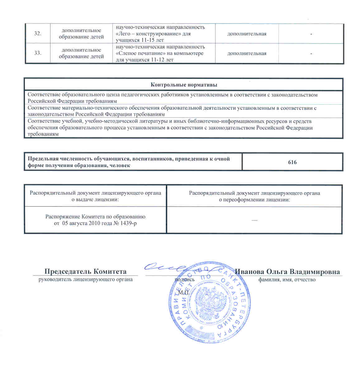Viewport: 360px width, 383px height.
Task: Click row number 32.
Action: click(x=38, y=34)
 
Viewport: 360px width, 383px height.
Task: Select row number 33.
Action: click(x=38, y=53)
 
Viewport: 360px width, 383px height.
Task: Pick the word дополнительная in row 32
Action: click(x=247, y=34)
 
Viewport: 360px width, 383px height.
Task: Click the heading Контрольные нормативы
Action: click(x=184, y=85)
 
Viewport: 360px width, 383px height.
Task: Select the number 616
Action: click(x=292, y=162)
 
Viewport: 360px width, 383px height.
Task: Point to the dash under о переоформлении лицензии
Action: click(x=254, y=220)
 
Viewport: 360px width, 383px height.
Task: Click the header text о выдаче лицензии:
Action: click(x=95, y=199)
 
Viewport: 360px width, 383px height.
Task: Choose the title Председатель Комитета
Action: click(x=85, y=271)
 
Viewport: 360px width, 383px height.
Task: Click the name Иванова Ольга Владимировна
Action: click(x=287, y=271)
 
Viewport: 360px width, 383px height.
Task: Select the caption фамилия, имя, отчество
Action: click(x=287, y=280)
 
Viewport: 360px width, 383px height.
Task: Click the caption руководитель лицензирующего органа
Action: click(x=85, y=280)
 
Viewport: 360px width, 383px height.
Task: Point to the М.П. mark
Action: click(x=183, y=293)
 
